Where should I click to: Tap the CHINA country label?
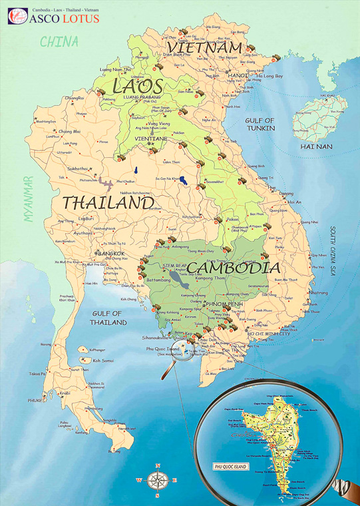[x=59, y=42]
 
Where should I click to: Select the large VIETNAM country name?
[x=204, y=48]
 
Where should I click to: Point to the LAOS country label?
[x=138, y=86]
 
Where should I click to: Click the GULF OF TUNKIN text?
[x=260, y=125]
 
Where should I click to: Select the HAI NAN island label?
[x=317, y=145]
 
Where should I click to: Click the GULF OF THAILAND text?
[x=110, y=318]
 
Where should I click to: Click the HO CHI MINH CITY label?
[x=270, y=332]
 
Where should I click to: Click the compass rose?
[x=158, y=479]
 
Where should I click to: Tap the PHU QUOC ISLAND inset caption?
[x=228, y=467]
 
